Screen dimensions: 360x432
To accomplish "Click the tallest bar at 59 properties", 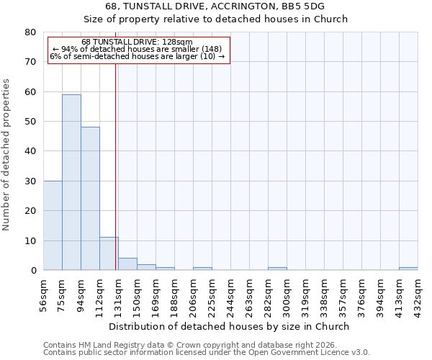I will pyautogui.click(x=71, y=182).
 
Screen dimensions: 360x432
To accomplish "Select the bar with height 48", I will pyautogui.click(x=90, y=199).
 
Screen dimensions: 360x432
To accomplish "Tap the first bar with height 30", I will pyautogui.click(x=53, y=225).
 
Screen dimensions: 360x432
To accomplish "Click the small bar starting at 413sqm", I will pyautogui.click(x=408, y=269).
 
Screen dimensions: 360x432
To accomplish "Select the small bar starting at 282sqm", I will pyautogui.click(x=277, y=269).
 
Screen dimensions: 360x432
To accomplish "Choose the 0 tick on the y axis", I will pyautogui.click(x=32, y=270).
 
